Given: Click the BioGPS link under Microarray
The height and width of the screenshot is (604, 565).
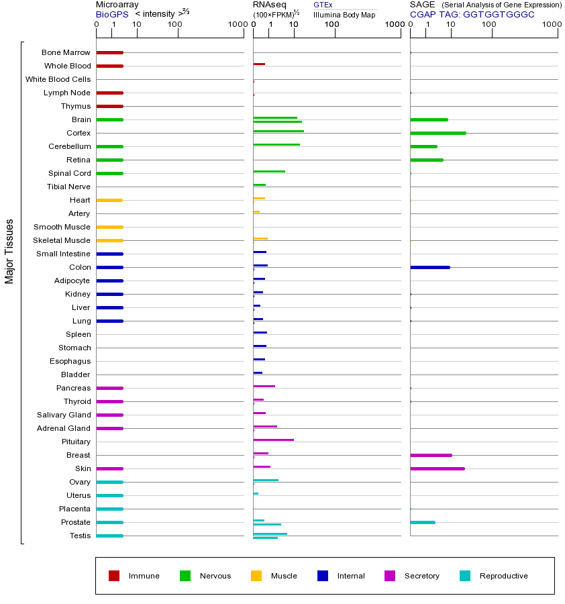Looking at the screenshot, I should [x=112, y=14].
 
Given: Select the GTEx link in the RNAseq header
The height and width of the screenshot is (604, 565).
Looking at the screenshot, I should [x=323, y=5].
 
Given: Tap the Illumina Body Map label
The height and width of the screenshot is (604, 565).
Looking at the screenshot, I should [x=344, y=14].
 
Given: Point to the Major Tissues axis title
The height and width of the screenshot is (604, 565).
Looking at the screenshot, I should [x=9, y=251].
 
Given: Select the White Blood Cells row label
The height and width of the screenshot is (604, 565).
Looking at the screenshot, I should [x=58, y=79].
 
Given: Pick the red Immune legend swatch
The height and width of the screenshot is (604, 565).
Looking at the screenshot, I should [x=114, y=576].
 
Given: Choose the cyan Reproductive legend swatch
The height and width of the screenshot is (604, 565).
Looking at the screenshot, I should [x=465, y=576].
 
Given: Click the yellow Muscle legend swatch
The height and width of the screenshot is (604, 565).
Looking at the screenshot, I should [x=256, y=576].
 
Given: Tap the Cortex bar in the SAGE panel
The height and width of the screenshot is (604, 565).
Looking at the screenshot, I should [x=438, y=133].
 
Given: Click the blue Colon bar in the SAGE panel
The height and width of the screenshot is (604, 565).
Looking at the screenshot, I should [x=429, y=267].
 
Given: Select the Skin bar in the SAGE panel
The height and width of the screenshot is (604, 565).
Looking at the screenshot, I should [x=437, y=468].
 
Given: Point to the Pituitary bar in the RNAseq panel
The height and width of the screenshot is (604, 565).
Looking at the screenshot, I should [x=273, y=440].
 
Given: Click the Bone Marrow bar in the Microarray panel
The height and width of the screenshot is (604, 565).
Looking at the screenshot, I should [x=109, y=52].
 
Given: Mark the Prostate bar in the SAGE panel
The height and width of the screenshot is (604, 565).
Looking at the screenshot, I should [x=422, y=522].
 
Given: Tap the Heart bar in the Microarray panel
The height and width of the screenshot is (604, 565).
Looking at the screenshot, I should [x=109, y=200].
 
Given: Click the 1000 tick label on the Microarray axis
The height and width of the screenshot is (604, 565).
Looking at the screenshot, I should [x=237, y=25].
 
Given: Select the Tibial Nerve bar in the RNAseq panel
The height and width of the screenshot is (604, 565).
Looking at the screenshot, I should [x=259, y=185].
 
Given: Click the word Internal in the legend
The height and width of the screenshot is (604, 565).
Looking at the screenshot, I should [x=351, y=576].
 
